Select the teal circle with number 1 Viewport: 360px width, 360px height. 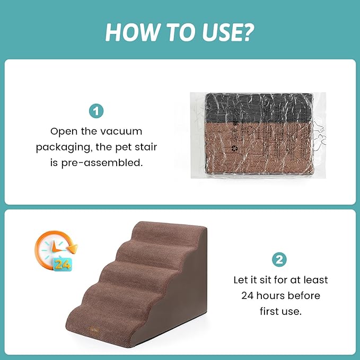point(96,111)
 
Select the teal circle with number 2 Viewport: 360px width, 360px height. point(280,260)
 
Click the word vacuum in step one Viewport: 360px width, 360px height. point(122,130)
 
